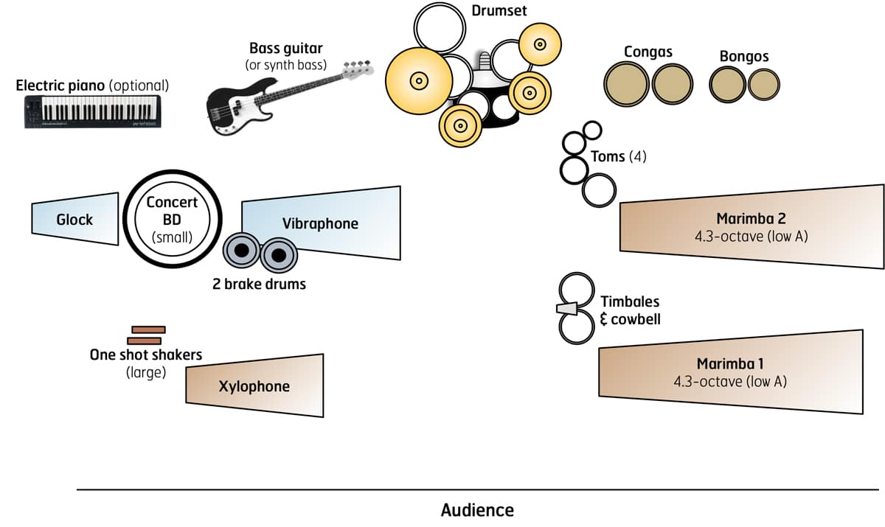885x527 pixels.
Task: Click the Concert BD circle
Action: tap(172, 219)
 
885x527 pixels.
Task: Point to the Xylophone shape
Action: tap(254, 386)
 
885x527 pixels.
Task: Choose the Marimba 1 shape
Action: tap(730, 371)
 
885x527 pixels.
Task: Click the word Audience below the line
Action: tap(477, 510)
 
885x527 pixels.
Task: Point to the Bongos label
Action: tap(743, 57)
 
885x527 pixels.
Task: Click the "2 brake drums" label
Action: tap(259, 284)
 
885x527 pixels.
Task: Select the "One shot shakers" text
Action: tap(146, 355)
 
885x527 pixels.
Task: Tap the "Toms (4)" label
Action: tap(618, 156)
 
